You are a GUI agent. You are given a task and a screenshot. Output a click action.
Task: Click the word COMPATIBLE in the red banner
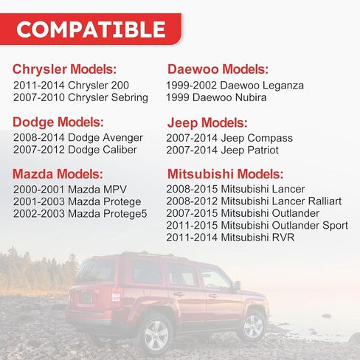(x=91, y=30)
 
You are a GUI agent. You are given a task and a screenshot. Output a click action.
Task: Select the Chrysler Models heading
(x=64, y=69)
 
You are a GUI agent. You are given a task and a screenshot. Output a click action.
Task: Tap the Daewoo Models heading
(x=218, y=69)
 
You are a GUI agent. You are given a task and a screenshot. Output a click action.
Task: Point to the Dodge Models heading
(x=58, y=122)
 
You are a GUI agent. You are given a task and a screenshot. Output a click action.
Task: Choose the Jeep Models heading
(x=207, y=122)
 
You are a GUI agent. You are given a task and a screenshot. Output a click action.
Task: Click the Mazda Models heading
(x=58, y=174)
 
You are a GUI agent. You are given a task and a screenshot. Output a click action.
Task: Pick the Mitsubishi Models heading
(x=225, y=174)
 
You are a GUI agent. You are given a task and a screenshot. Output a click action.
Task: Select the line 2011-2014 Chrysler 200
(x=71, y=86)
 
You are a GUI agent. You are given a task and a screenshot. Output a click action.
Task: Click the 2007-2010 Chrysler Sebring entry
(x=80, y=97)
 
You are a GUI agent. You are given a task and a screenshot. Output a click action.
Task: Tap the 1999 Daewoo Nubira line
(x=216, y=97)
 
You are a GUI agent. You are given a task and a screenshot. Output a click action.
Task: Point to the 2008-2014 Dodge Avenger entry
(x=78, y=138)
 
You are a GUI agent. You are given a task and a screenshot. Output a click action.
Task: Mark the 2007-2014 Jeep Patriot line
(x=222, y=150)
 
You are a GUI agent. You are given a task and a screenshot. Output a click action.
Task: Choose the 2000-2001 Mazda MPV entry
(x=70, y=190)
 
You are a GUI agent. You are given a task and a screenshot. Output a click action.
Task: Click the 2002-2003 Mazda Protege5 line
(x=80, y=214)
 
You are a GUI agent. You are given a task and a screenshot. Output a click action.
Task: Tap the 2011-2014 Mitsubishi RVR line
(x=230, y=238)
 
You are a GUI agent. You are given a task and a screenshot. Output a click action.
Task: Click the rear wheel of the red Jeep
(x=156, y=335)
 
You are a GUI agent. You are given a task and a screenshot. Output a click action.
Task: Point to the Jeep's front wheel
(x=253, y=325)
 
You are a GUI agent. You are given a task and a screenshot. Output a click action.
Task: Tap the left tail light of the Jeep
(x=116, y=294)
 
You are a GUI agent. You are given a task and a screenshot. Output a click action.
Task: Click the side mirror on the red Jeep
(x=238, y=285)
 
